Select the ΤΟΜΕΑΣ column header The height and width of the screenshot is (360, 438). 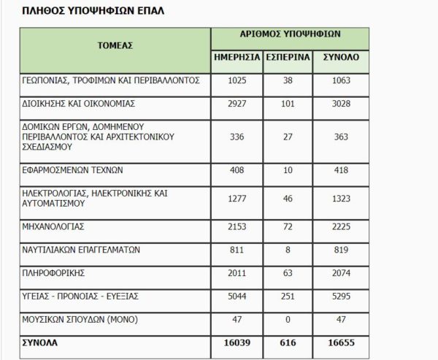coord(115,45)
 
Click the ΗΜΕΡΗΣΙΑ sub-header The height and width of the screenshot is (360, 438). coord(237,57)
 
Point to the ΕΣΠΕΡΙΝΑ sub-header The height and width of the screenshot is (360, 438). coord(287,57)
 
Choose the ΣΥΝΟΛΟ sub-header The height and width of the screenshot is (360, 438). coord(340,57)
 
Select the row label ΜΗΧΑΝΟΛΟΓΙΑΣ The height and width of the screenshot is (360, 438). coord(54,226)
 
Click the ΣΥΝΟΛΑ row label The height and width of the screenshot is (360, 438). coord(39,342)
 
